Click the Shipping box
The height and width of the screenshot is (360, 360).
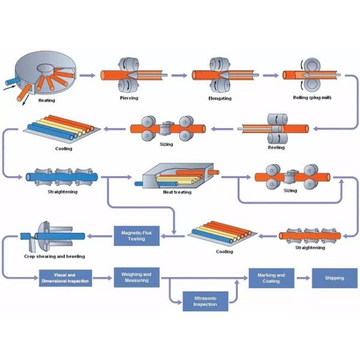[334, 278]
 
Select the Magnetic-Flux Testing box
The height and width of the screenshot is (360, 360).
[137, 235]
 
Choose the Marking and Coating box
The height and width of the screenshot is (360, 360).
[271, 278]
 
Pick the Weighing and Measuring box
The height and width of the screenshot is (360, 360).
[137, 278]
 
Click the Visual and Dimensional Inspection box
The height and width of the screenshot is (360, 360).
[65, 278]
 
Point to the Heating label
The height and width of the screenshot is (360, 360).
[46, 100]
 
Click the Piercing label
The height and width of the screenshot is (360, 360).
[128, 97]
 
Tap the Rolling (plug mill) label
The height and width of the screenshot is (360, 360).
[310, 97]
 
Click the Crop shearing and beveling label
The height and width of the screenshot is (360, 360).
[54, 256]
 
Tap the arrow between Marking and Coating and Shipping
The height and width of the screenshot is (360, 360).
[303, 278]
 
